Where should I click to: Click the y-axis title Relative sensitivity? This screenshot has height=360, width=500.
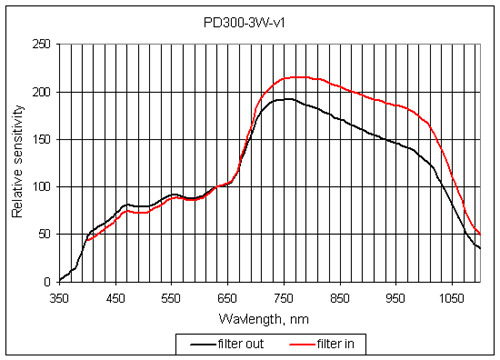tap(17, 163)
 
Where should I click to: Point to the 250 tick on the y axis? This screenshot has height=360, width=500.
tap(42, 44)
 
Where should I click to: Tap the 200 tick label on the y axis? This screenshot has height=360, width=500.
tap(42, 92)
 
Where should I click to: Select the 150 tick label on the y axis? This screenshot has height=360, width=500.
tap(42, 139)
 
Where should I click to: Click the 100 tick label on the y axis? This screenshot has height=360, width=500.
tap(42, 187)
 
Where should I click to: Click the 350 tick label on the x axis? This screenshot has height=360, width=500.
tap(59, 297)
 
